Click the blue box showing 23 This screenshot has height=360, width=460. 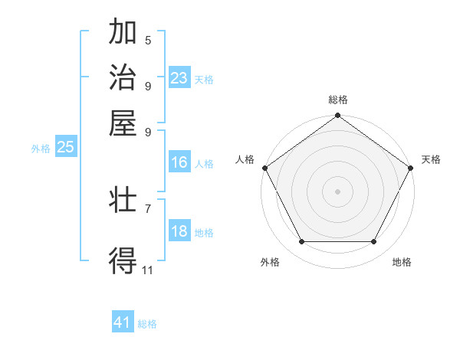tap(179, 78)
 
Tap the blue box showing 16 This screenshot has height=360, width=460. tap(179, 162)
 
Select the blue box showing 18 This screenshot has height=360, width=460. tap(179, 231)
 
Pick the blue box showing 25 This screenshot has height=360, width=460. tap(65, 147)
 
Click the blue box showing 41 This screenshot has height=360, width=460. tap(123, 322)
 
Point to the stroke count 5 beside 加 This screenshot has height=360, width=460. tap(148, 40)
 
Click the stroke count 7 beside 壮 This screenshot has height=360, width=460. tap(148, 208)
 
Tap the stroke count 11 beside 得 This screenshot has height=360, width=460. tap(148, 270)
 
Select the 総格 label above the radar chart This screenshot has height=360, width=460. tap(337, 100)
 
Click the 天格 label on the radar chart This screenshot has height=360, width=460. tap(431, 159)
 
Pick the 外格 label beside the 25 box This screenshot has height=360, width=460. tap(41, 149)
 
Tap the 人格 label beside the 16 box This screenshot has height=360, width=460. tap(204, 164)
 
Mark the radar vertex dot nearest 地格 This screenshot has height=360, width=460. tap(374, 242)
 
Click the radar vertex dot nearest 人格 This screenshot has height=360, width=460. tap(264, 168)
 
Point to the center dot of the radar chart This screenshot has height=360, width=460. tap(337, 191)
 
